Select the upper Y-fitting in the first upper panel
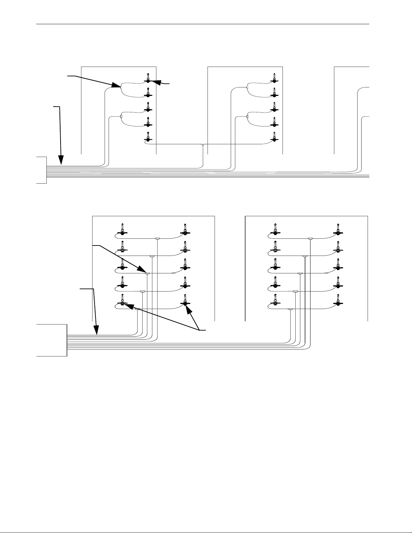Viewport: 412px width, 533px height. click(x=120, y=87)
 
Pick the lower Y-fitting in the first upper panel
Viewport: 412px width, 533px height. click(x=120, y=117)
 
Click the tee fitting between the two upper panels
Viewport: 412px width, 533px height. click(x=203, y=145)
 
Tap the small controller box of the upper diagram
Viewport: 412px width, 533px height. click(x=41, y=170)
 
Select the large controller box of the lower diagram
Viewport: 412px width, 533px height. click(x=51, y=340)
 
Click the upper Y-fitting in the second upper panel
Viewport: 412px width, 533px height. click(x=247, y=87)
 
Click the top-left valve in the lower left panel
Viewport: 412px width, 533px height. click(x=122, y=230)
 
